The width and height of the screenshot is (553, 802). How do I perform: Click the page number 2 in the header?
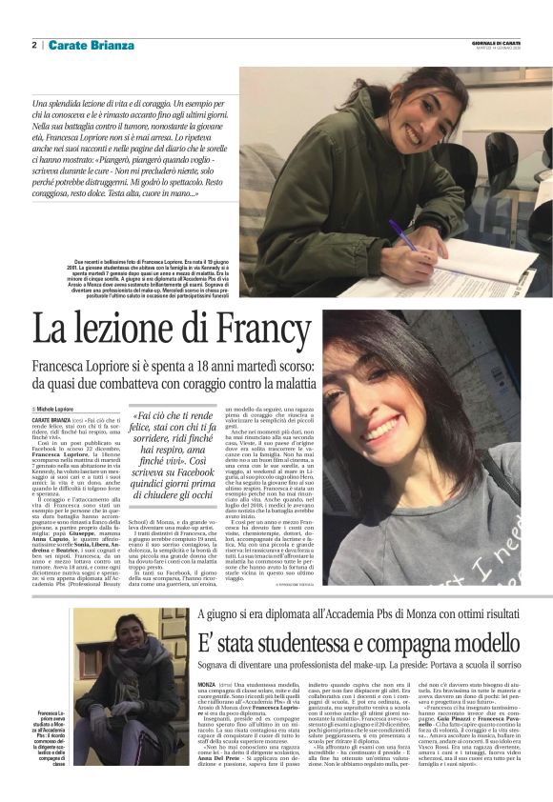34,45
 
